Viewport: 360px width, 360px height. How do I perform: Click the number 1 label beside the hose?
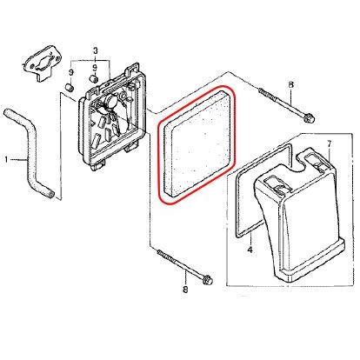7,159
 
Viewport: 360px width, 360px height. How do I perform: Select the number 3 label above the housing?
96,51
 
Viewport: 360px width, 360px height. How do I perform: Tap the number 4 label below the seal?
250,249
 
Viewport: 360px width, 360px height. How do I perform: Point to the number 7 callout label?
329,144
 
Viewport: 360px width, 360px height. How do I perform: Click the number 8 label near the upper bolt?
291,84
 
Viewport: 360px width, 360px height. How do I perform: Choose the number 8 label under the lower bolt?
185,289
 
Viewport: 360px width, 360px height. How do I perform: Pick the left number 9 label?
71,73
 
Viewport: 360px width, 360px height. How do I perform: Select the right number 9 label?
94,69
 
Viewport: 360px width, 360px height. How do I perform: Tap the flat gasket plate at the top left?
42,63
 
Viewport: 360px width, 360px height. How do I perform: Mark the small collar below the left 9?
70,87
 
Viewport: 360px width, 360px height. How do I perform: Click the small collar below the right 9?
93,78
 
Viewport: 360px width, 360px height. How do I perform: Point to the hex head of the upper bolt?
308,117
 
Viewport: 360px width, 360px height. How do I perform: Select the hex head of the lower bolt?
207,280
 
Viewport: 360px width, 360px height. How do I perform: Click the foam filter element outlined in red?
197,145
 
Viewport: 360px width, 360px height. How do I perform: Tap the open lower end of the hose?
50,194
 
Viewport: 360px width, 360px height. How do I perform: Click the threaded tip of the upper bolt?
260,90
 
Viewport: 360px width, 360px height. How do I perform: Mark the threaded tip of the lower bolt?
159,253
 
